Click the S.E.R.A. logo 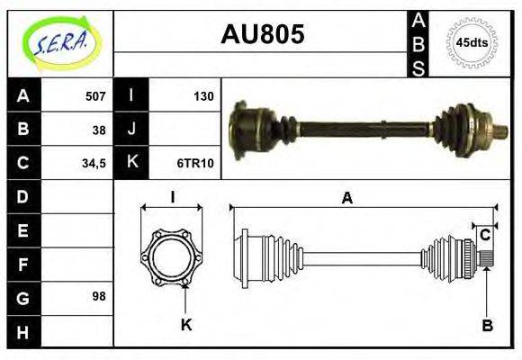[59, 42]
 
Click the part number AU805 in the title [262, 35]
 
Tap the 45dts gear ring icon [472, 42]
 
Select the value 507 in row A [94, 96]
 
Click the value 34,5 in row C [94, 164]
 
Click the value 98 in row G [99, 296]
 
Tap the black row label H [22, 330]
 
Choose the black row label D [22, 196]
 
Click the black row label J [131, 130]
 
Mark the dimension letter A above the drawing [346, 199]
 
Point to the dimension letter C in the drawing [484, 236]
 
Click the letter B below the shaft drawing [485, 325]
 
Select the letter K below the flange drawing [186, 325]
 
